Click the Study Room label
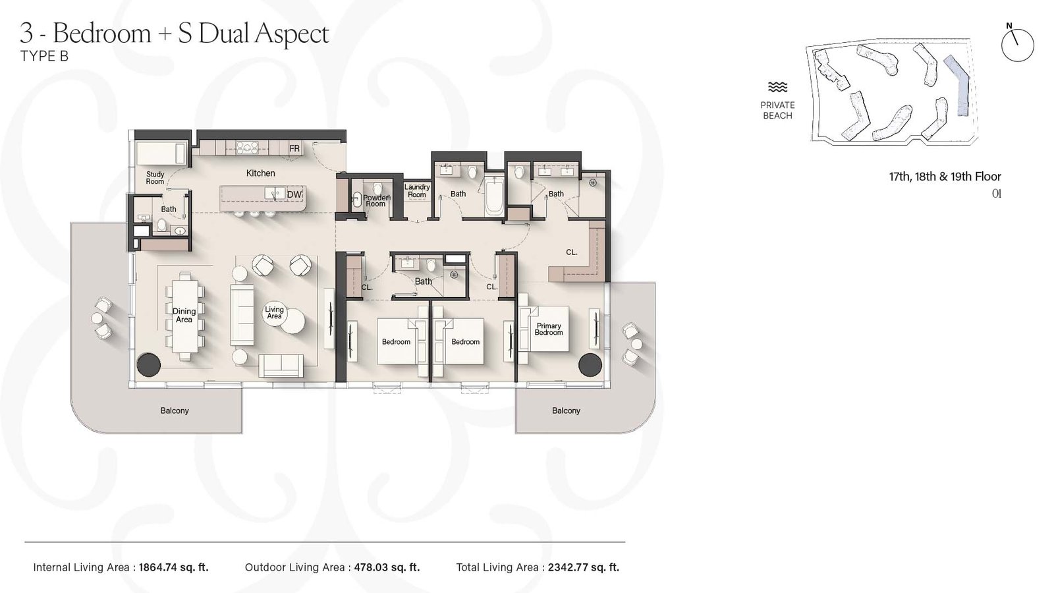pos(155,178)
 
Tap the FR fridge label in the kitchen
pos(294,149)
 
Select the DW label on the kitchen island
pos(294,194)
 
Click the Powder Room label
pos(375,200)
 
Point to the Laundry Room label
pos(417,190)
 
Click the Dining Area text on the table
pos(184,316)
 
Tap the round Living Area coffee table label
pos(275,312)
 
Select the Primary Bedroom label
pos(549,329)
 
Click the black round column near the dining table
pos(148,364)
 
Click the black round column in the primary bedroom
pos(590,364)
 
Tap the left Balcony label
pos(175,410)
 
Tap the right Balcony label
pos(566,410)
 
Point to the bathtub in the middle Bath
pos(494,196)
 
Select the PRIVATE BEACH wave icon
pos(777,88)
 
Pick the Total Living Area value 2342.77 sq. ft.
pos(583,567)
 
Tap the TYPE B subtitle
pos(44,56)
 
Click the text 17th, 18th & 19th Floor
pos(945,177)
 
